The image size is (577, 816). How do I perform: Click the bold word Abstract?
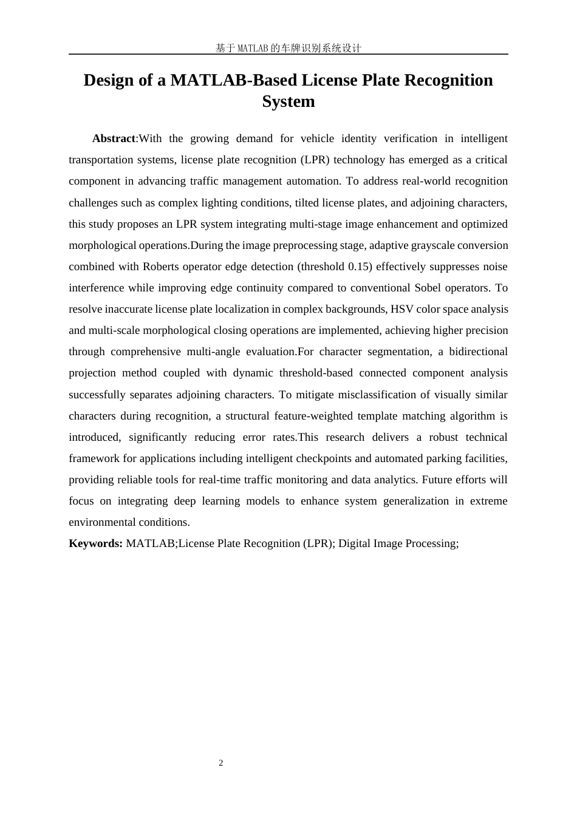pyautogui.click(x=114, y=138)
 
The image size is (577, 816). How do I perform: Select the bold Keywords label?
pyautogui.click(x=96, y=543)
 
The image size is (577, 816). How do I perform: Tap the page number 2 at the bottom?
pyautogui.click(x=221, y=763)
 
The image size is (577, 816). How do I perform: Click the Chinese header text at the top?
pyautogui.click(x=288, y=48)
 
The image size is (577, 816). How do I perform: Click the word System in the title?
pyautogui.click(x=288, y=101)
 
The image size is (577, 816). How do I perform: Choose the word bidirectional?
pyautogui.click(x=478, y=352)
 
